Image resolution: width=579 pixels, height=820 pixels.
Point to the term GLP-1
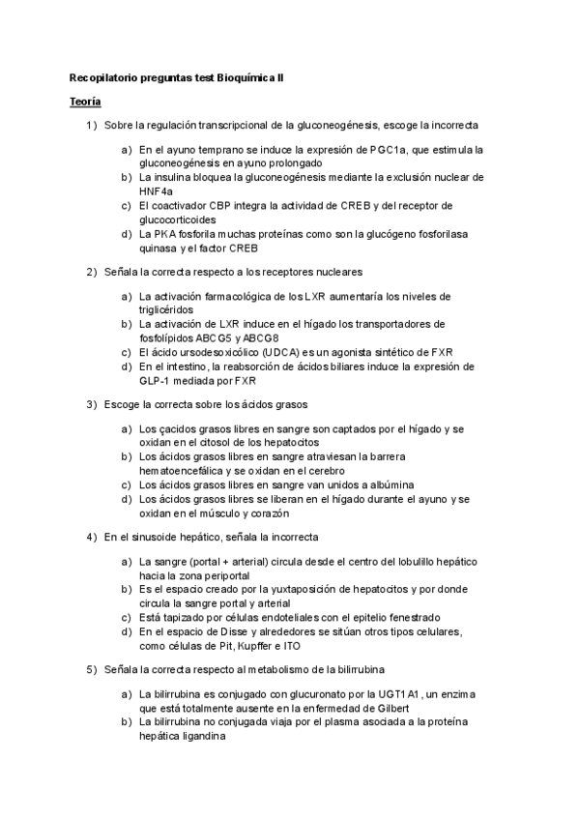(x=156, y=380)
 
